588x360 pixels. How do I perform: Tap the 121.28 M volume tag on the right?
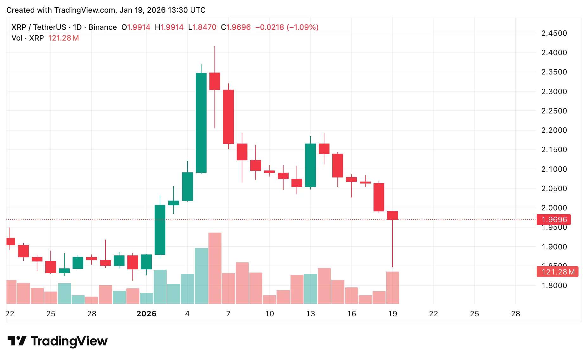pyautogui.click(x=557, y=272)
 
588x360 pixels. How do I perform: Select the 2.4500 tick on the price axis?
pyautogui.click(x=554, y=33)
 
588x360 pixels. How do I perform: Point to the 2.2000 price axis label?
pyautogui.click(x=554, y=130)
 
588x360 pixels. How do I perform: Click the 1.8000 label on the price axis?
pyautogui.click(x=554, y=286)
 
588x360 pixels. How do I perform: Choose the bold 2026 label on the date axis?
pyautogui.click(x=146, y=314)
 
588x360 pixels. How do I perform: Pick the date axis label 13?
pyautogui.click(x=310, y=314)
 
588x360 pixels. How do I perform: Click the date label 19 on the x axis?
pyautogui.click(x=393, y=314)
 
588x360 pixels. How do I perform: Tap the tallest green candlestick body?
pyautogui.click(x=201, y=123)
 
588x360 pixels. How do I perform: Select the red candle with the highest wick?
pyautogui.click(x=215, y=81)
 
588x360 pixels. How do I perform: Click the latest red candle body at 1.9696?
pyautogui.click(x=393, y=215)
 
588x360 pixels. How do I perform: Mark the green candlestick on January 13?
pyautogui.click(x=310, y=165)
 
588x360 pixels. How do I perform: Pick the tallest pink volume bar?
pyautogui.click(x=215, y=268)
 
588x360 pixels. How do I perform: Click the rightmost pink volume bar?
pyautogui.click(x=393, y=288)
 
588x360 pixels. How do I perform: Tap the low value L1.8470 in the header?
pyautogui.click(x=202, y=27)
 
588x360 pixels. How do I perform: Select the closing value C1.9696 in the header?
pyautogui.click(x=236, y=27)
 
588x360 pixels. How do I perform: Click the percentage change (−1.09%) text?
pyautogui.click(x=303, y=27)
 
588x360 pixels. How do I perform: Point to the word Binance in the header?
pyautogui.click(x=102, y=27)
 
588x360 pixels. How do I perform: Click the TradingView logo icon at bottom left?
pyautogui.click(x=17, y=341)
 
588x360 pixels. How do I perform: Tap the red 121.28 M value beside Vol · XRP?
pyautogui.click(x=63, y=38)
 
